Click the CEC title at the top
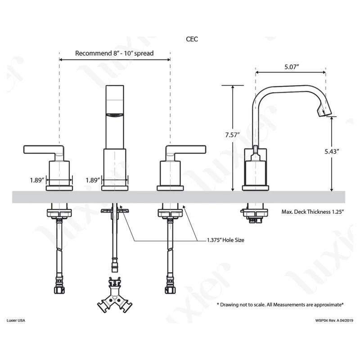(192, 39)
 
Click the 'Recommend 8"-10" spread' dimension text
(114, 53)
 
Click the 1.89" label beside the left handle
(37, 180)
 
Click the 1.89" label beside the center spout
(92, 180)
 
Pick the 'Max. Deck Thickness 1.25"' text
(312, 211)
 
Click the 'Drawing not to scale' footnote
(280, 305)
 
